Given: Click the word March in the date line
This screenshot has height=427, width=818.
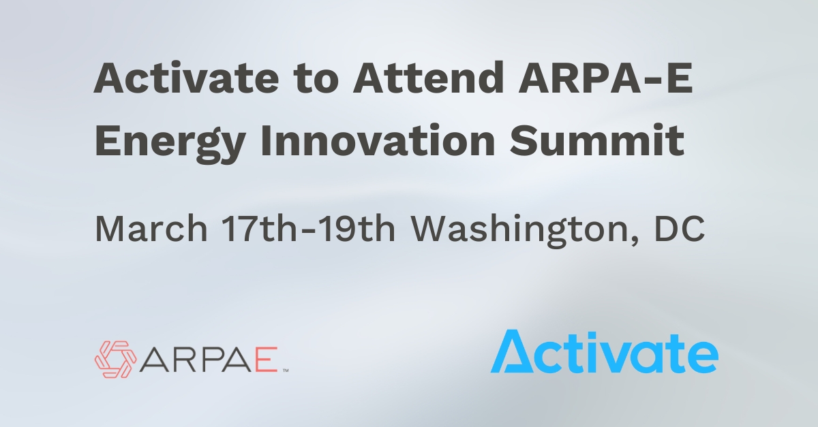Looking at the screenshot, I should (x=151, y=229).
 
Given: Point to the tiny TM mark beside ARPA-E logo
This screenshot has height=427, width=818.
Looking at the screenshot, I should (x=286, y=370).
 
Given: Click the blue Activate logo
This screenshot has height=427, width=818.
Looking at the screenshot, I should (x=604, y=352).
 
